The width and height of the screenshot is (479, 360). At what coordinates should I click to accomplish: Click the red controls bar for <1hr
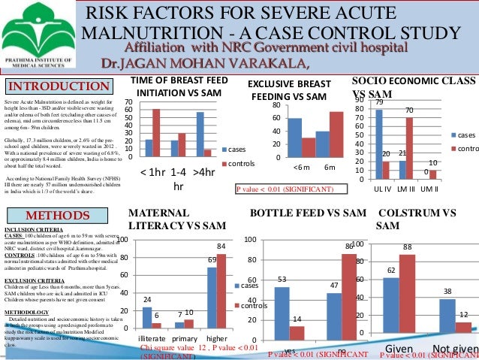[x=156, y=133]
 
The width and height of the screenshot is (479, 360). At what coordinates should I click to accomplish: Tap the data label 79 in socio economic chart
[x=379, y=101]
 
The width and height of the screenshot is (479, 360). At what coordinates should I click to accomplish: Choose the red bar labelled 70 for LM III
[x=409, y=148]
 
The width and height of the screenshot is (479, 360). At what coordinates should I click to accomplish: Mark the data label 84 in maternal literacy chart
[x=221, y=246]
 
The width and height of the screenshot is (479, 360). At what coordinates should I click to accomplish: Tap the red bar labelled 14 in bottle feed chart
[x=297, y=332]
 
